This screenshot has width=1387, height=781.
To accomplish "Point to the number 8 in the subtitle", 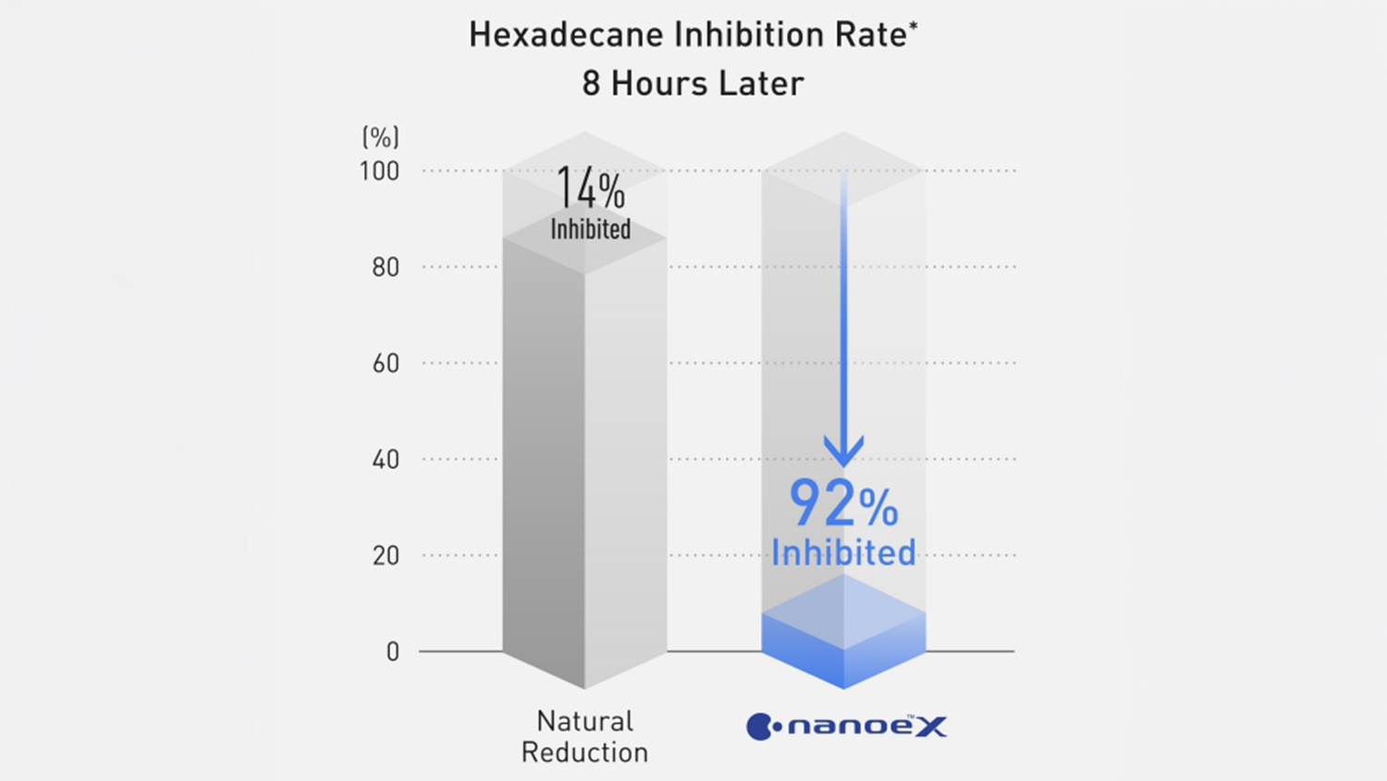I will pos(592,84).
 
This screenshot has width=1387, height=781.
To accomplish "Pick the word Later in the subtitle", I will pos(761,84).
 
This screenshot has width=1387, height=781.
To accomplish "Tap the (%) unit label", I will pos(380,137).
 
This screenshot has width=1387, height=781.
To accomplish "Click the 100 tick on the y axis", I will pos(379,171).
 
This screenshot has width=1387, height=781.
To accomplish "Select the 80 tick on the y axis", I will pos(386,267).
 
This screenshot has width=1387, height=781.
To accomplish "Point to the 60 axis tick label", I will pos(386,364).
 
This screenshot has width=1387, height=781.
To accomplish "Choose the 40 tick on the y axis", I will pos(386,460).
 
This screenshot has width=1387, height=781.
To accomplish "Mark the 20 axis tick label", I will pos(386,556).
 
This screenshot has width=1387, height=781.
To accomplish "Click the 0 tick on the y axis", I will pos(393,652).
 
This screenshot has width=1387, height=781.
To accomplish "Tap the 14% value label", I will pos(590,190).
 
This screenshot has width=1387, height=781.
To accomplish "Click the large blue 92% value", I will pos(842,504).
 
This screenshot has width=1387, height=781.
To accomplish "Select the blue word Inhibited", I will pos(843,553).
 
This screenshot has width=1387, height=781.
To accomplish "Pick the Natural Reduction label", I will pos(584,737).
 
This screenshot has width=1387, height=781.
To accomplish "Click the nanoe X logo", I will pos(846,726).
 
